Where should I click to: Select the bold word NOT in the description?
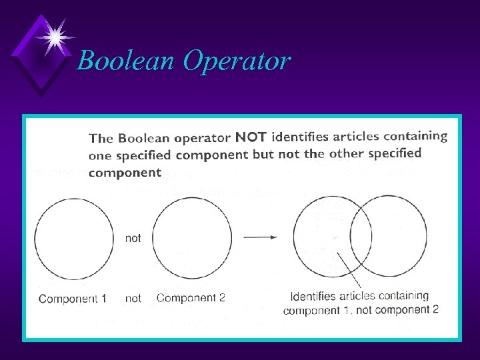251,138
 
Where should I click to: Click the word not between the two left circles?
133,238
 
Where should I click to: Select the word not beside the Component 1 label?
133,299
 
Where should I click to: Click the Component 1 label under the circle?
73,299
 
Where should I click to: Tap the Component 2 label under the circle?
191,298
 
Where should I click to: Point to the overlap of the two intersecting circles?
361,233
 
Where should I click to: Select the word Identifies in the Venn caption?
317,296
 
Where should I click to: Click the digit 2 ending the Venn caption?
435,309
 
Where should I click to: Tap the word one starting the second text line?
99,156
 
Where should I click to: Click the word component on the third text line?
125,173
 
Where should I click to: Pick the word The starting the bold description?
101,139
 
